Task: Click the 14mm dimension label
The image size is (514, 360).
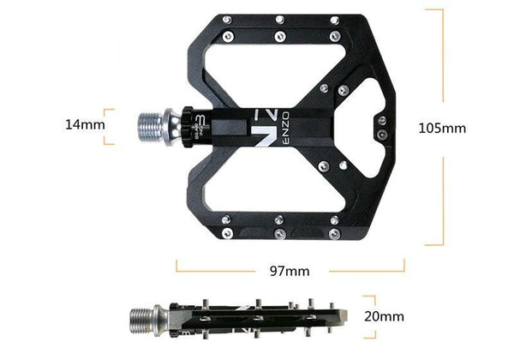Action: (x=84, y=124)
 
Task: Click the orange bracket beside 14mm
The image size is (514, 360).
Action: (x=109, y=124)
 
